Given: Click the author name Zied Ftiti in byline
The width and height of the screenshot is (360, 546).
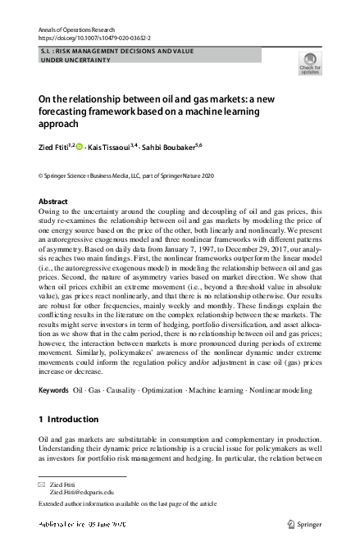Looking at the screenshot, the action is tap(55, 147).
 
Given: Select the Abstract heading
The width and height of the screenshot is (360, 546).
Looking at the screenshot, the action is tap(53, 201).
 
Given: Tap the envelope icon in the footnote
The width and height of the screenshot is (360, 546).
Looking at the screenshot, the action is tap(43, 484).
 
